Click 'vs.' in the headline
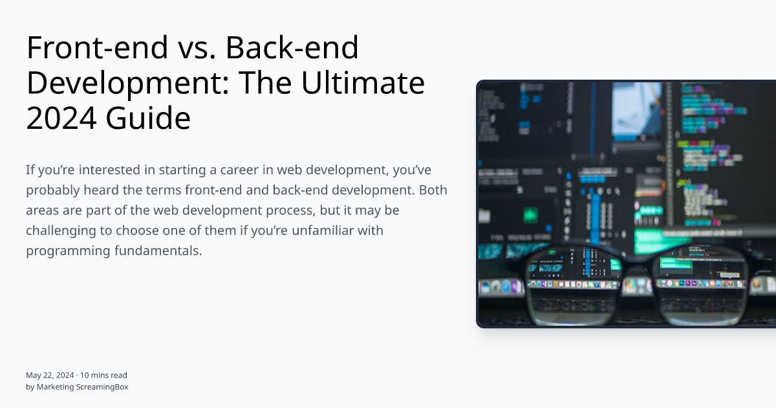point(177,49)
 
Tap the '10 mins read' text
point(103,375)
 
